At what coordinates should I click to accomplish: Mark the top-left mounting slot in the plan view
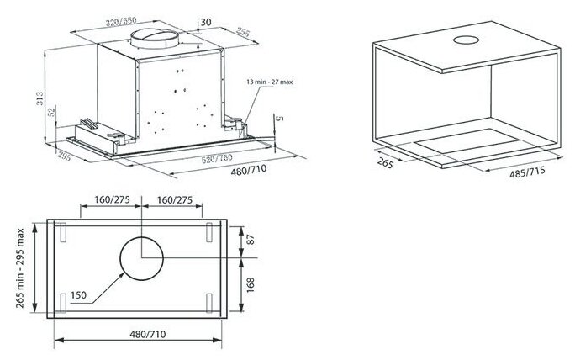pyautogui.click(x=61, y=230)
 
